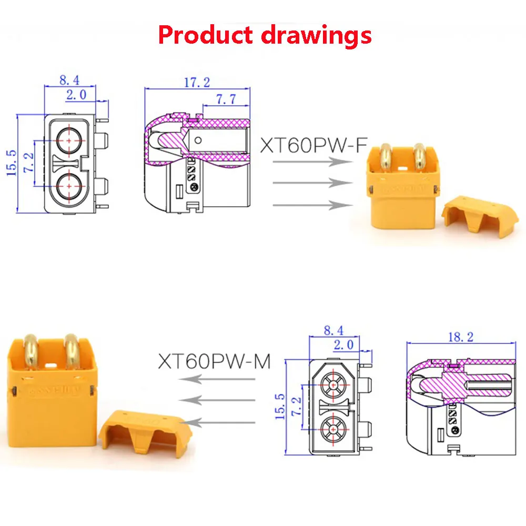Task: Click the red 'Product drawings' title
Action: [265, 35]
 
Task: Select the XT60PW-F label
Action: [312, 144]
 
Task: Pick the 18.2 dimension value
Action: [461, 337]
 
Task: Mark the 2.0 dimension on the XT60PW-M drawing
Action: [345, 345]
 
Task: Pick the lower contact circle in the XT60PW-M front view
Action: [333, 431]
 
